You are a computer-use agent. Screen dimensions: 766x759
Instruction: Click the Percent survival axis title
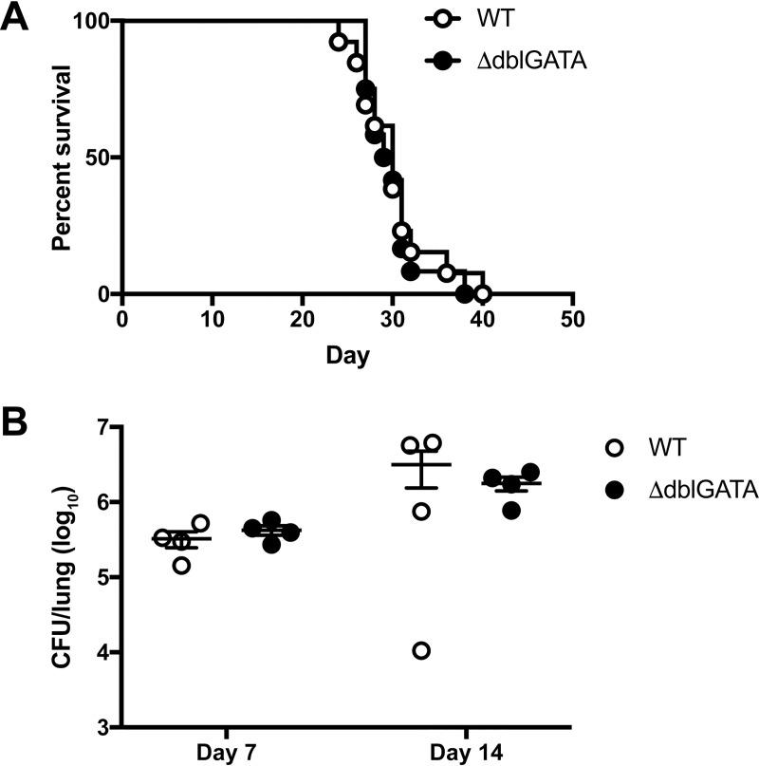[x=64, y=158]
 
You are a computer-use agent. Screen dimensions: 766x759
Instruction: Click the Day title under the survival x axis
[x=347, y=356]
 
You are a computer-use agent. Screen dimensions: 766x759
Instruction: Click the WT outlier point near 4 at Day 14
[x=421, y=650]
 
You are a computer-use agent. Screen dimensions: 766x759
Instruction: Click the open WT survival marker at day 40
[x=482, y=294]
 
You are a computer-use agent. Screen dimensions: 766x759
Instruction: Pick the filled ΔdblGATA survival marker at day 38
[x=464, y=294]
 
